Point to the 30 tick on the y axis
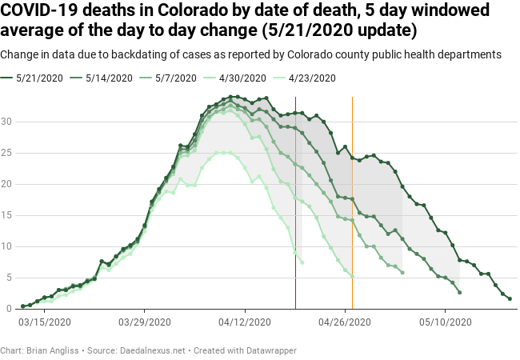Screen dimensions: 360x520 (7, 122)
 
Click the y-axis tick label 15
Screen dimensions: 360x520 (7, 215)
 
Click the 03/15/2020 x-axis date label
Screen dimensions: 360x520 (44, 322)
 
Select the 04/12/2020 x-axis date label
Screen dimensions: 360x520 (245, 322)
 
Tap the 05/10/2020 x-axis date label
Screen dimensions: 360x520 (445, 322)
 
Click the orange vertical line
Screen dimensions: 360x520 (353, 200)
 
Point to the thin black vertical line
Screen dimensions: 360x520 (295, 200)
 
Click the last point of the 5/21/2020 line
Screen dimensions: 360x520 (510, 299)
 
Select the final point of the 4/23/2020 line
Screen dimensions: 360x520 (302, 262)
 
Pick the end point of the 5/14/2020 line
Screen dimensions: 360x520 (459, 292)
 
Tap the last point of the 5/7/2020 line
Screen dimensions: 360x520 (402, 273)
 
